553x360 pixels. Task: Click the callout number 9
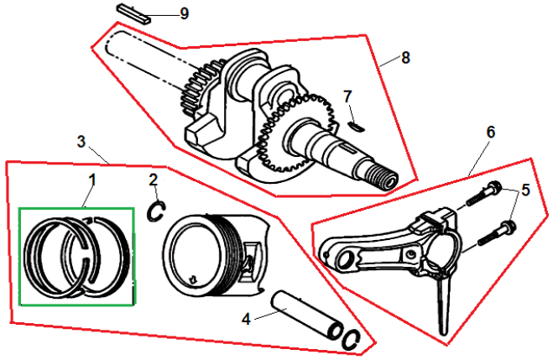(184, 13)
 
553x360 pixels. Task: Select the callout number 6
(491, 132)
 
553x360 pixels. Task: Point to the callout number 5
(525, 190)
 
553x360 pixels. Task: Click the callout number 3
(81, 142)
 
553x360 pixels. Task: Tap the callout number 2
(153, 180)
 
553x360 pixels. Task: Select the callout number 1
(92, 180)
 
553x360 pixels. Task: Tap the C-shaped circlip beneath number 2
(155, 211)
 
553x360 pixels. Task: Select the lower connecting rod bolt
(495, 232)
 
